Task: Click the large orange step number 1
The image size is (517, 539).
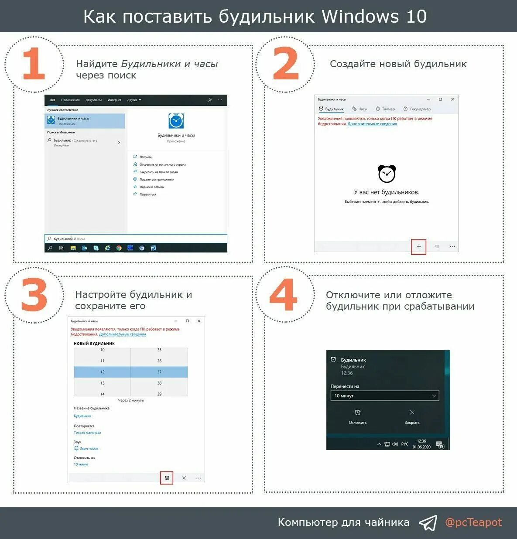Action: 34,64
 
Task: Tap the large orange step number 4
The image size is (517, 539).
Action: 284,295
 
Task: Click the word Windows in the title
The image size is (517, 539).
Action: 360,17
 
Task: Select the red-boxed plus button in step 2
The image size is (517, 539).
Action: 418,246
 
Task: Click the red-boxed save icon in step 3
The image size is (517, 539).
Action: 167,478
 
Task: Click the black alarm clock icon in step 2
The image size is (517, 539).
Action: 387,174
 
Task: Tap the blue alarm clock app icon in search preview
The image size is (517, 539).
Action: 176,121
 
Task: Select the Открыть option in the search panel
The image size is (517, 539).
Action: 145,157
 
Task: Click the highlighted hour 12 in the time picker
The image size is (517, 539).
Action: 103,372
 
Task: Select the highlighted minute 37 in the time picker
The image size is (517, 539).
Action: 159,372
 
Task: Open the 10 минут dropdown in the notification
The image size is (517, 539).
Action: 384,396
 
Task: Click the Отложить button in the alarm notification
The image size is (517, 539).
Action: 358,417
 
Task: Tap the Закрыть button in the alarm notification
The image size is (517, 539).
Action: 412,417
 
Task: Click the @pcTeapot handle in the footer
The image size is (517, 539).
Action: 473,522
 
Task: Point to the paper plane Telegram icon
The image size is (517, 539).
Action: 428,523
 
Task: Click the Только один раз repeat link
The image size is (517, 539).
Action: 87,433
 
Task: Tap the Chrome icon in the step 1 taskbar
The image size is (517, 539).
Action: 119,248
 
